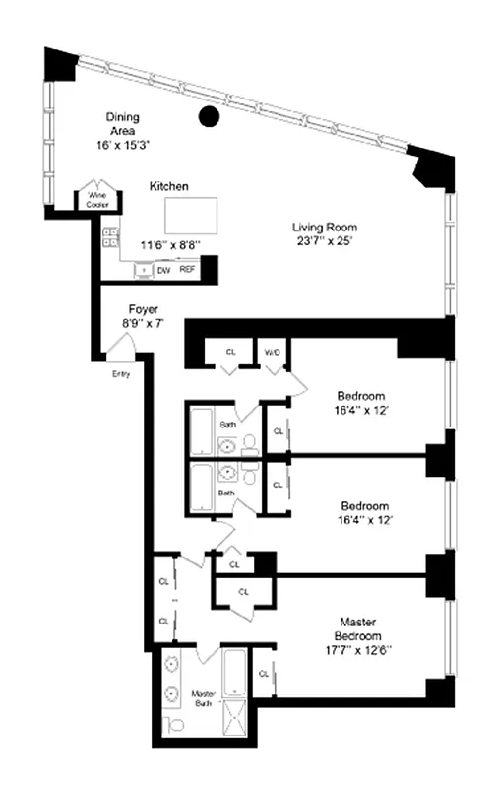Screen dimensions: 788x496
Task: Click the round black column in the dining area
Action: tap(208, 116)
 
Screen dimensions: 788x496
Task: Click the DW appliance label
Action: tap(165, 268)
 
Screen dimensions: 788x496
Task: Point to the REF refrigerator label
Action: tap(187, 268)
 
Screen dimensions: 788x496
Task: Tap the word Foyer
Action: tap(144, 308)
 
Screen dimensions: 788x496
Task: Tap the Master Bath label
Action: tap(203, 697)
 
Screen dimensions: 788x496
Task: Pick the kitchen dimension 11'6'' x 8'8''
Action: tap(169, 244)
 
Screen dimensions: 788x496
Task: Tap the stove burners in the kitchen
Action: tap(111, 236)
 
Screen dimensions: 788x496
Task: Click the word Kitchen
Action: tap(169, 185)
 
